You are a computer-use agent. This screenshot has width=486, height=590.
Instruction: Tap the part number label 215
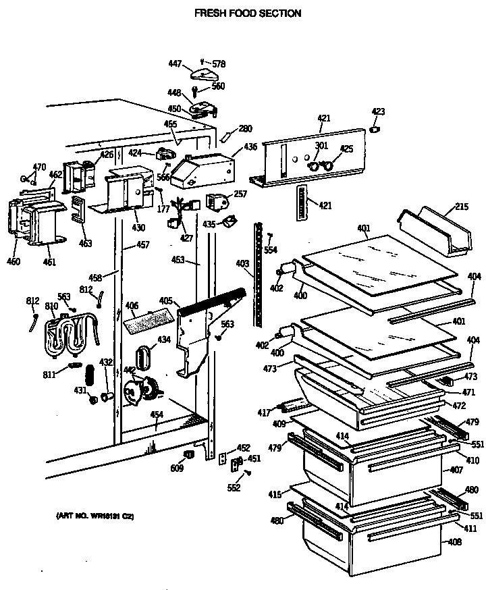click(x=461, y=207)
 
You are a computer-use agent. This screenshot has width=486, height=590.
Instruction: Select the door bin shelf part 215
click(x=435, y=231)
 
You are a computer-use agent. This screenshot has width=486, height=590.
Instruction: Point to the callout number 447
click(x=175, y=63)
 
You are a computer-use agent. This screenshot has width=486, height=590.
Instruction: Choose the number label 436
click(x=232, y=147)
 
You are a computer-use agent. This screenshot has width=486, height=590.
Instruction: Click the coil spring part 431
click(x=88, y=376)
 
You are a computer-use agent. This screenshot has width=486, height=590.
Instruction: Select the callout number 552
click(x=233, y=488)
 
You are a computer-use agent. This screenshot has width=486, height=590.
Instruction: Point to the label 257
click(x=240, y=194)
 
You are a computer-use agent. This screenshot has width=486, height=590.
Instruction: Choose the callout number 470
click(x=40, y=167)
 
